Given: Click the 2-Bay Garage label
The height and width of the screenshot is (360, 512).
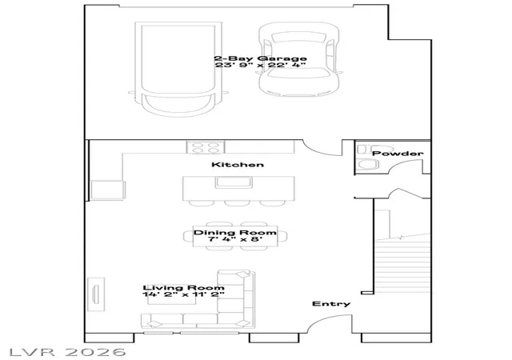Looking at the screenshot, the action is click(260, 58).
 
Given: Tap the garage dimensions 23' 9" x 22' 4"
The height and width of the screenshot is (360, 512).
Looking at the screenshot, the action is click(260, 65).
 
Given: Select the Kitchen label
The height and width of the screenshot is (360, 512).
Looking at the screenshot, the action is click(238, 164).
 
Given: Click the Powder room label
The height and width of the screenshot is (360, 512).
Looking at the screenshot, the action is click(398, 154).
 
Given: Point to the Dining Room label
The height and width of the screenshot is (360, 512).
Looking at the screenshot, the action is click(235, 233).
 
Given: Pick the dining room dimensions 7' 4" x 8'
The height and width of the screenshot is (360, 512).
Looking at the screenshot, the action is click(235, 239).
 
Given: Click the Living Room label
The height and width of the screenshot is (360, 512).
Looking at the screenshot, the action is click(183, 288).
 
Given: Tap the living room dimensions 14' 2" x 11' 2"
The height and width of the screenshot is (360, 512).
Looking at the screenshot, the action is click(183, 294).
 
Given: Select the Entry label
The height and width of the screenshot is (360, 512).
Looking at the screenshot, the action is click(331, 304).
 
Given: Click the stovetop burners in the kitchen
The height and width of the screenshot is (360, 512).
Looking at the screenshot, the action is click(206, 147).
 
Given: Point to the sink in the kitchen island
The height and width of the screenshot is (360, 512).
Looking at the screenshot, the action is click(234, 182).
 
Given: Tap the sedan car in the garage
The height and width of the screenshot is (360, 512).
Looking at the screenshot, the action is click(298, 59).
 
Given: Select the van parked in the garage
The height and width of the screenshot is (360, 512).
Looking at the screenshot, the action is click(178, 69).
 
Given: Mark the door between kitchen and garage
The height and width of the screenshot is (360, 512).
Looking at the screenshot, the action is click(322, 149).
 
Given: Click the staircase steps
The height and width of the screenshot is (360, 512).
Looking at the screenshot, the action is click(402, 266).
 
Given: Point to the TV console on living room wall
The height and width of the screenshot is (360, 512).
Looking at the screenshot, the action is click(96, 294).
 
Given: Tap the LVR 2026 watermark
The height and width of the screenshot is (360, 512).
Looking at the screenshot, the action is click(67, 352).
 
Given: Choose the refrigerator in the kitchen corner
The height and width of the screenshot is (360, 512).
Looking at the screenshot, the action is click(108, 190).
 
